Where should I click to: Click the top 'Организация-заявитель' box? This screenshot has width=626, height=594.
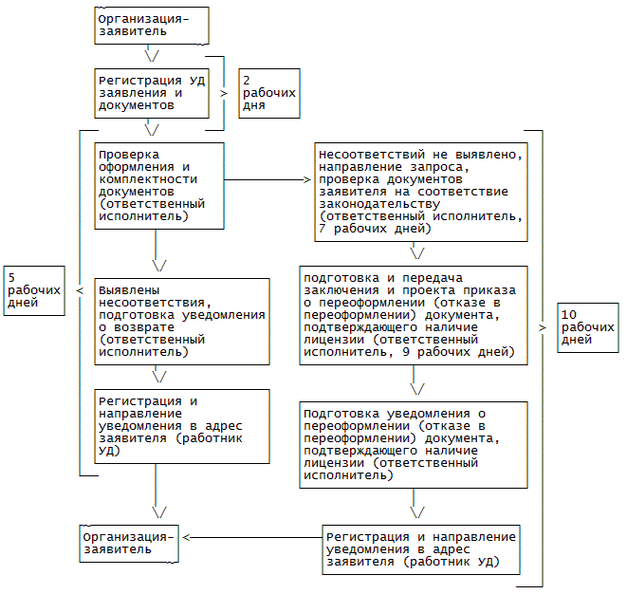click(x=153, y=25)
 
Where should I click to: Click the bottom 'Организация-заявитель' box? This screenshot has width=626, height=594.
click(x=129, y=542)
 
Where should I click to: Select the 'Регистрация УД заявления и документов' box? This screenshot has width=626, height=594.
click(x=153, y=92)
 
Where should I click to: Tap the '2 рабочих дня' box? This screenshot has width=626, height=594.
click(x=269, y=92)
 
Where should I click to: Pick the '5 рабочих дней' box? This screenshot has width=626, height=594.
click(x=34, y=289)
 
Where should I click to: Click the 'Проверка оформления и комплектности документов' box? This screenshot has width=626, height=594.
click(x=159, y=185)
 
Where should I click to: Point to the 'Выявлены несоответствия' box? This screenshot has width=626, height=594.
click(x=181, y=323)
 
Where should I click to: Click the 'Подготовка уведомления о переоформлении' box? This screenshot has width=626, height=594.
click(x=413, y=444)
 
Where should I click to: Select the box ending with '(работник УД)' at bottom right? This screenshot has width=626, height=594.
click(x=421, y=549)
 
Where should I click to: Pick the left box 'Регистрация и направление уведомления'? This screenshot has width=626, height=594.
click(x=181, y=426)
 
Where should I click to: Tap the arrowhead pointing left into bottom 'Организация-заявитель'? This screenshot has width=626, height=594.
click(x=186, y=537)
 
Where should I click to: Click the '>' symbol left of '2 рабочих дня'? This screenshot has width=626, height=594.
click(x=225, y=93)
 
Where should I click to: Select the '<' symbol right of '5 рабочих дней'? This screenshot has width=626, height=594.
click(x=79, y=289)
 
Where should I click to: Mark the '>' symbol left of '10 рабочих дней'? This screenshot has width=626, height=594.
click(x=543, y=326)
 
